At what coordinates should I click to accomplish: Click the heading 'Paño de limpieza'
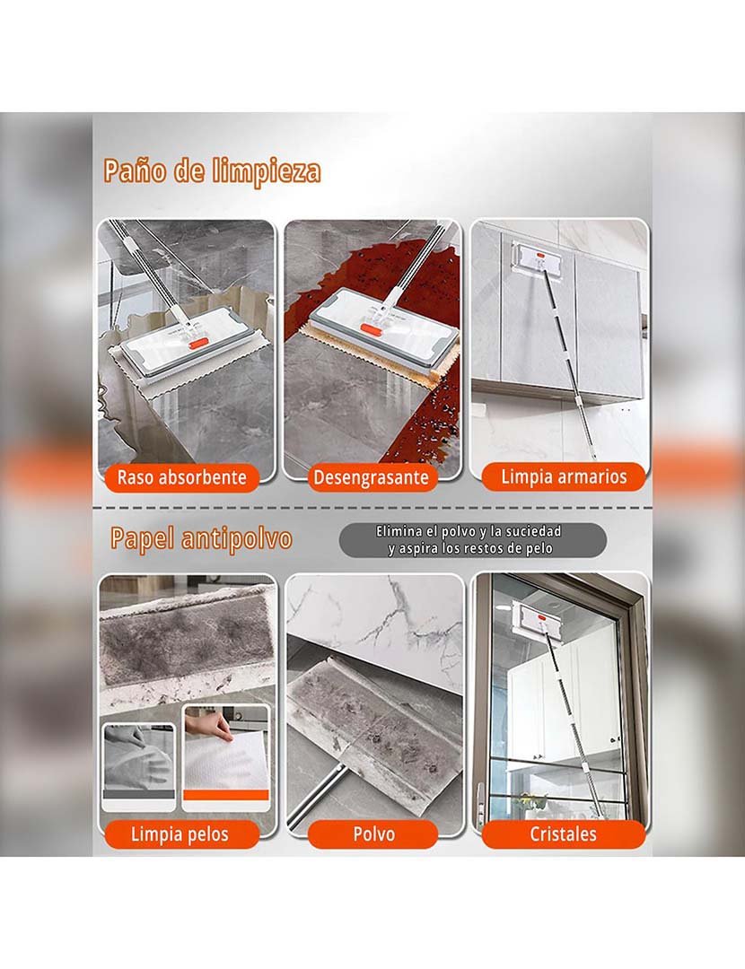[212, 171]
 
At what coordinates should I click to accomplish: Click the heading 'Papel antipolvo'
[201, 538]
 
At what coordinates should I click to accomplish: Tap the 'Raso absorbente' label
[181, 477]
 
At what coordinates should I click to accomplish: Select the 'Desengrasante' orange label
[370, 478]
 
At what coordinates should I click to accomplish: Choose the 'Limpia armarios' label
[564, 476]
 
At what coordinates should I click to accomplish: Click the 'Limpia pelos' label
[180, 834]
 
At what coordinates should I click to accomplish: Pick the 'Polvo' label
[373, 834]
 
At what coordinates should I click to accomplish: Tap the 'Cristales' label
[563, 834]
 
